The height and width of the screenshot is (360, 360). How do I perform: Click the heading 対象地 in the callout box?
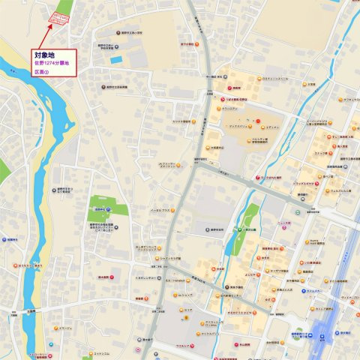point(43,55)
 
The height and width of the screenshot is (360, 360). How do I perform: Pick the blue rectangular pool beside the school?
point(115,59)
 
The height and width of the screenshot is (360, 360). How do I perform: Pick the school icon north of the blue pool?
point(120,33)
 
